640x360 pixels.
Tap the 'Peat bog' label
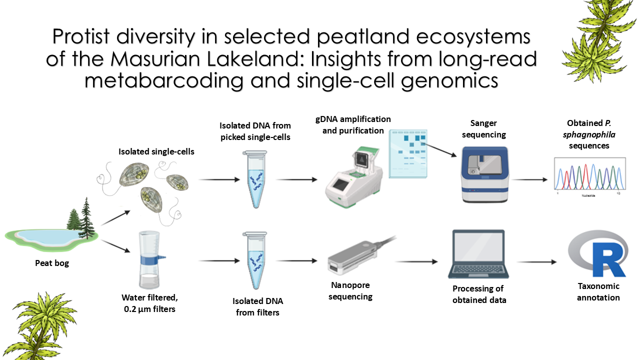click(x=52, y=263)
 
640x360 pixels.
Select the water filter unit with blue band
click(x=149, y=260)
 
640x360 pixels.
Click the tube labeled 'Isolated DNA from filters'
click(x=255, y=260)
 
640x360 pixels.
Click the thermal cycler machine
click(x=353, y=177)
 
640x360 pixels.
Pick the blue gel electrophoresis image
click(x=408, y=153)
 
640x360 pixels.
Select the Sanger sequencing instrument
click(x=484, y=174)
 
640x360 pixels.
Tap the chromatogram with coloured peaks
click(x=589, y=175)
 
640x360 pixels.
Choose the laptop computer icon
click(x=478, y=254)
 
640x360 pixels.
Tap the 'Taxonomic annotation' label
click(x=598, y=291)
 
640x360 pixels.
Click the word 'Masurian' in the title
click(x=155, y=58)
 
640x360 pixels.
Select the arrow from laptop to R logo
click(x=536, y=261)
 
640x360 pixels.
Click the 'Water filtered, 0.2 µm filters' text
click(x=149, y=303)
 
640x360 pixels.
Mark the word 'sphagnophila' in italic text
click(x=589, y=134)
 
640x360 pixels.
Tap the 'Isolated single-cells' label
click(x=156, y=151)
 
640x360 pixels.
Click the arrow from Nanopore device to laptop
click(x=416, y=261)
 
